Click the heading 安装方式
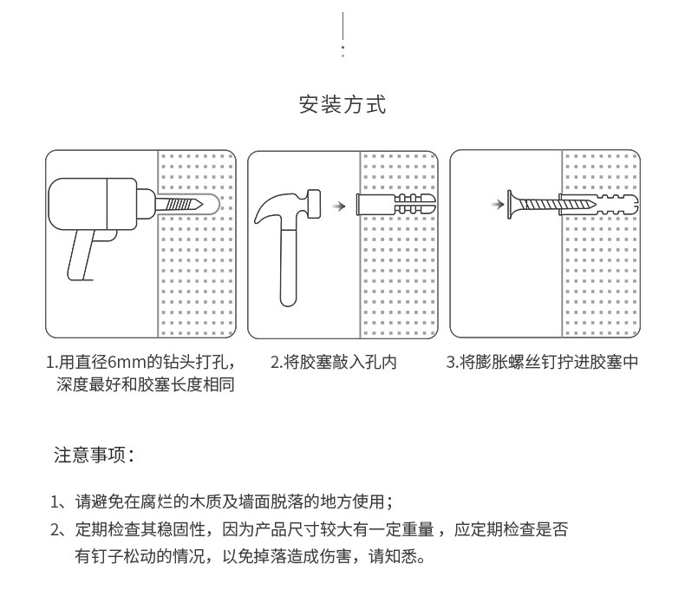342,106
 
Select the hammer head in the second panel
287,206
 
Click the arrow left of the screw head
497,205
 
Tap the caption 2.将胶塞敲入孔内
334,362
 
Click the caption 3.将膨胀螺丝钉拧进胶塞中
542,362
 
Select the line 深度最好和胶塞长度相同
145,383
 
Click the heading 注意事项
93,456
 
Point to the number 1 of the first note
55,501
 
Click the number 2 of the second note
55,529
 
